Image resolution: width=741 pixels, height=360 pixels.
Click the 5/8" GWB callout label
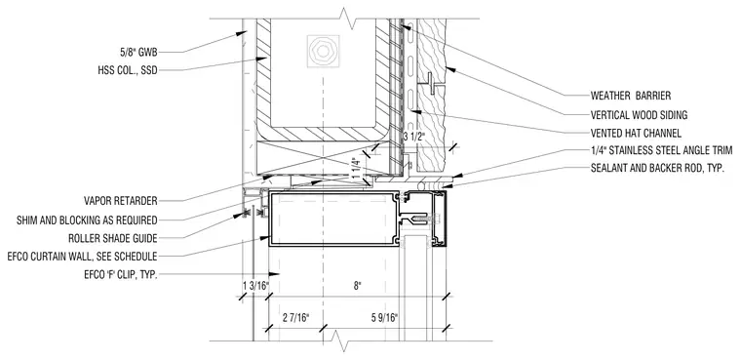[x=138, y=52]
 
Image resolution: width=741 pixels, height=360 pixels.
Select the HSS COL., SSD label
[x=127, y=71]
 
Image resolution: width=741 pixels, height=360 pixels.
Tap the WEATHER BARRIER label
[x=631, y=96]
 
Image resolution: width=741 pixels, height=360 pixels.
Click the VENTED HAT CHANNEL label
[x=636, y=133]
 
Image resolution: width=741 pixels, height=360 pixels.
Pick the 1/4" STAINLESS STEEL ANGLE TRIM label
[x=662, y=151]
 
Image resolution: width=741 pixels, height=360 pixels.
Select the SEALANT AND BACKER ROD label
[x=657, y=169]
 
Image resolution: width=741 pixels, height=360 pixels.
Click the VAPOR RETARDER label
[x=121, y=201]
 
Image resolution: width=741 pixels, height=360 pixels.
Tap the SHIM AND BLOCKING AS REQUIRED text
[x=87, y=220]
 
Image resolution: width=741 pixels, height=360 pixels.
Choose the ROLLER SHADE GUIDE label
[x=113, y=238]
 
